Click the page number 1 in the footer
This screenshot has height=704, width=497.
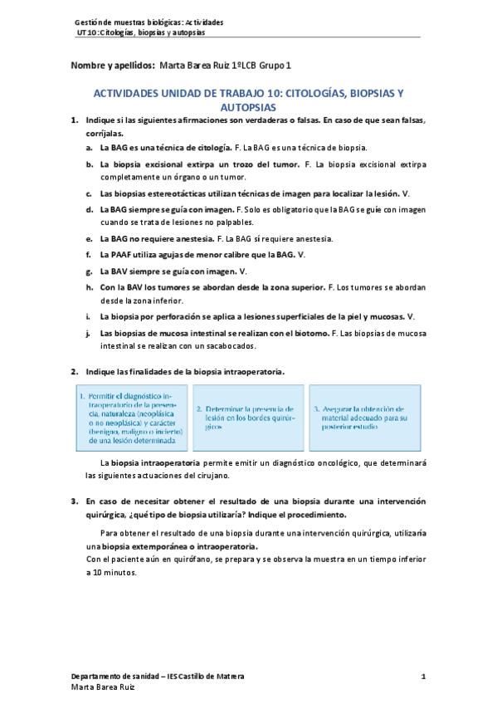(423, 677)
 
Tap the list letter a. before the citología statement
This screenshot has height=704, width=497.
(89, 147)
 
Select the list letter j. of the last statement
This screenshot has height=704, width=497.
(89, 333)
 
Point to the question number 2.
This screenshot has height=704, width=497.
(75, 371)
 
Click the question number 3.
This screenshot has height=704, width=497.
(75, 501)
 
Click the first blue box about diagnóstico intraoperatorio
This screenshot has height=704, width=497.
(130, 418)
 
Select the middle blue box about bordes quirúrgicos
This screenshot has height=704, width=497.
(245, 418)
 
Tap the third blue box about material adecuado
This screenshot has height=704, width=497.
(360, 418)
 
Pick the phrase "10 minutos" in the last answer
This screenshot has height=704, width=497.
(112, 572)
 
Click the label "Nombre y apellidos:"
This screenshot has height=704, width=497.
(113, 65)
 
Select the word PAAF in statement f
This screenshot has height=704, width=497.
(124, 255)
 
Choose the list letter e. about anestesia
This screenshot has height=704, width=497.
(89, 239)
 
